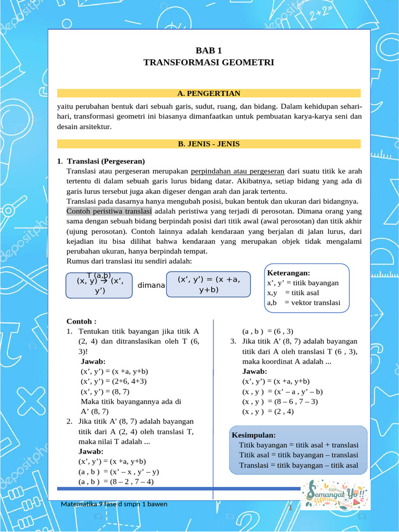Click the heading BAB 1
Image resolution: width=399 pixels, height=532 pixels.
[208, 50]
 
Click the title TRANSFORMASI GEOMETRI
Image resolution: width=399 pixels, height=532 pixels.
[208, 62]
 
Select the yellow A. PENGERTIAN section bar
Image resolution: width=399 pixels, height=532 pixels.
[208, 94]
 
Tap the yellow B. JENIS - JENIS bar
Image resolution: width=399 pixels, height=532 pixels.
[208, 144]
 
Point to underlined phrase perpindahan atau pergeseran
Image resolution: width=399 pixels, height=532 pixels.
[237, 171]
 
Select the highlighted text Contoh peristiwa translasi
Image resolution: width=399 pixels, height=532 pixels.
[109, 211]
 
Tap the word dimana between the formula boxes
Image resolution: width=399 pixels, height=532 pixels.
[151, 285]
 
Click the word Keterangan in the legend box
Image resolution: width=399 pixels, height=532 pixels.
[288, 273]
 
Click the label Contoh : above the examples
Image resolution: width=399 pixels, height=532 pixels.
[82, 322]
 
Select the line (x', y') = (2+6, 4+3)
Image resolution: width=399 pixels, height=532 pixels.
[114, 381]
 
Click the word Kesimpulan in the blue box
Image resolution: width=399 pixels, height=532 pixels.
[254, 435]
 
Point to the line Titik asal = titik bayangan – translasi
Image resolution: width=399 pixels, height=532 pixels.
[298, 455]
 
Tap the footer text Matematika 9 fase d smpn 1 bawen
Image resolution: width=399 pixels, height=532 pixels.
[114, 504]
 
